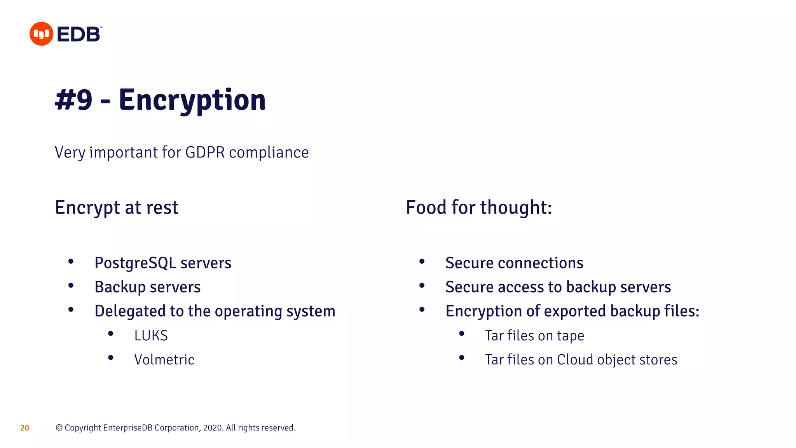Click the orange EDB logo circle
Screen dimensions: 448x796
point(41,34)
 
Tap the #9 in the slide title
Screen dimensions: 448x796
point(74,100)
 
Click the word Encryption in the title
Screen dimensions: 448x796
point(192,100)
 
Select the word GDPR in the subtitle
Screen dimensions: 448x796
point(205,152)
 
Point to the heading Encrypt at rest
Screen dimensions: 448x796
point(117,207)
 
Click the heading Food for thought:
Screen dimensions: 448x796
point(479,207)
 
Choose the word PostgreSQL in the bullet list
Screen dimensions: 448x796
point(136,263)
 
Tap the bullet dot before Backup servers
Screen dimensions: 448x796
point(71,286)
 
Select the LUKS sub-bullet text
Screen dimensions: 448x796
point(151,336)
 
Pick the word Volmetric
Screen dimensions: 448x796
point(164,360)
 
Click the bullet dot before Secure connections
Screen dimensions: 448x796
point(422,262)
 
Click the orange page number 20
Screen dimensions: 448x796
point(24,428)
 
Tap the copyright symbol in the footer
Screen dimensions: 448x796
point(59,428)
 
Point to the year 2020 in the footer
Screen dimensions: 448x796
point(213,428)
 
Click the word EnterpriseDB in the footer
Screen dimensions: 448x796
point(127,428)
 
